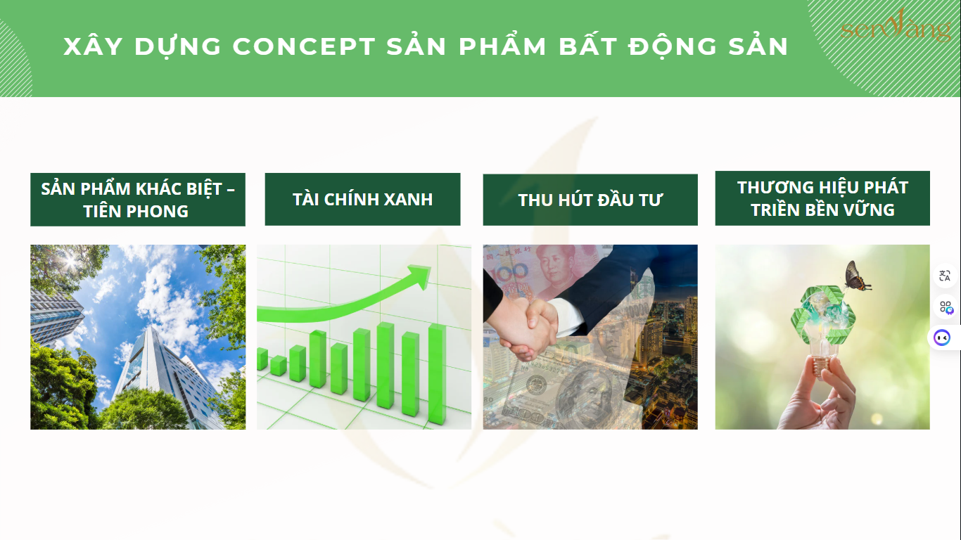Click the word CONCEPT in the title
point(304,46)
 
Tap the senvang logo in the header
point(896,27)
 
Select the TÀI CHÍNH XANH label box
point(362,200)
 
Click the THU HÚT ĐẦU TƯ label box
point(590,200)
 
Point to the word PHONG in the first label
point(158,212)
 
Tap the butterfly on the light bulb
point(857,276)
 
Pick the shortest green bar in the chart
point(279,366)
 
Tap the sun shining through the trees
point(70,259)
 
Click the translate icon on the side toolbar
point(945,276)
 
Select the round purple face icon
point(942,338)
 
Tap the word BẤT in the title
point(589,46)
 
